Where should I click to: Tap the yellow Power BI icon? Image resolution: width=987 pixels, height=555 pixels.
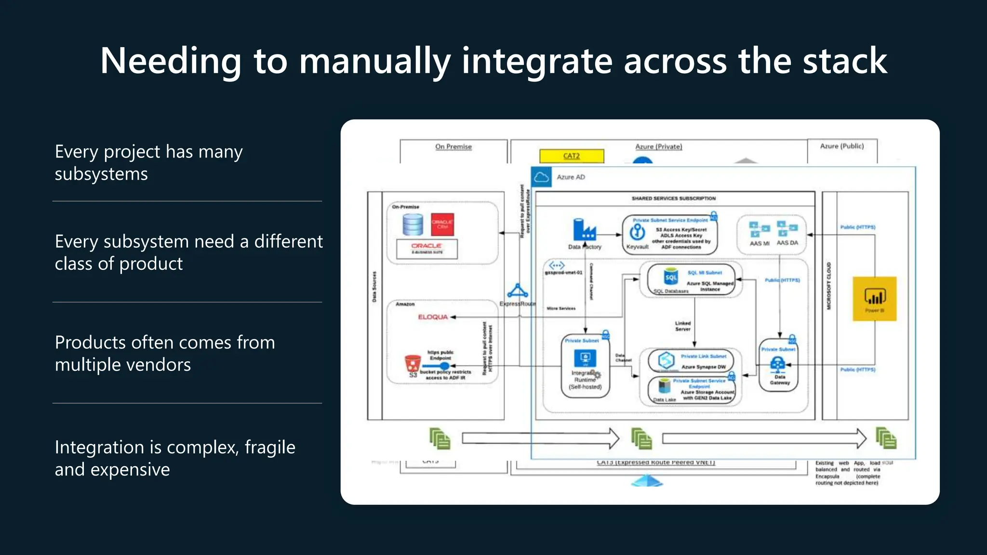(874, 298)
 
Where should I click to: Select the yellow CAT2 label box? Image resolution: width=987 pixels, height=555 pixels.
(572, 156)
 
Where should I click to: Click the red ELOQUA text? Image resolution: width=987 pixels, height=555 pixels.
(433, 317)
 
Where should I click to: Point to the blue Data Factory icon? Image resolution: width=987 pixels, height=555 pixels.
(584, 230)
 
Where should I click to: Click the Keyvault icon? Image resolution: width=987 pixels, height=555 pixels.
(638, 232)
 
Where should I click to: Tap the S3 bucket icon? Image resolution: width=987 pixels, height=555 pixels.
(413, 363)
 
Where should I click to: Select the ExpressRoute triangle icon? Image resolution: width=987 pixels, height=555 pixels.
(518, 291)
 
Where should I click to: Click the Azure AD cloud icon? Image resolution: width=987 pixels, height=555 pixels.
(541, 177)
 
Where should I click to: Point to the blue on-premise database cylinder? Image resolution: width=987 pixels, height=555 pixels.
(413, 225)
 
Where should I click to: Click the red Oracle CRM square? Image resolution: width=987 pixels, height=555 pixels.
(442, 225)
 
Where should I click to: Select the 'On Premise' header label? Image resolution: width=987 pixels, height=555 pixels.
(453, 146)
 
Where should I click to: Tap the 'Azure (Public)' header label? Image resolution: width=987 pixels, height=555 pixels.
(842, 146)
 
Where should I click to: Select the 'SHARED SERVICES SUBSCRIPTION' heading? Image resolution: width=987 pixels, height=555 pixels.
(673, 198)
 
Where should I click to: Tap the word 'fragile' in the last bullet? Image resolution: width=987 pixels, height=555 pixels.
(270, 448)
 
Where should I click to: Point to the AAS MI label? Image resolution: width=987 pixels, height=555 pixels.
(760, 243)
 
